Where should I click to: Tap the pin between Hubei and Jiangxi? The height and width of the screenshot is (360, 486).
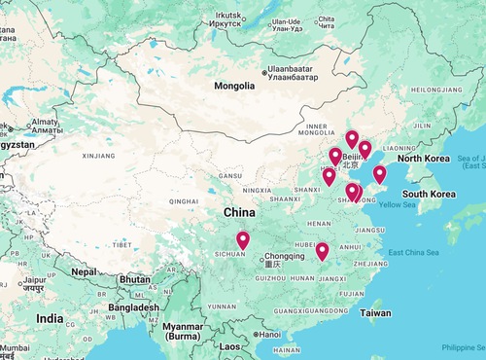(x=323, y=252)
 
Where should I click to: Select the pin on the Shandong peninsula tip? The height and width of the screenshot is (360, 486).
(x=379, y=175)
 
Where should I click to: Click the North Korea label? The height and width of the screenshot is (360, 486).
(x=423, y=159)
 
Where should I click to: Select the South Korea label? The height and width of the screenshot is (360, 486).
(x=430, y=194)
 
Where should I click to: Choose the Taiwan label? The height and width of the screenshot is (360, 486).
(x=375, y=313)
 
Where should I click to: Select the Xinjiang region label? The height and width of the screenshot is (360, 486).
(x=98, y=155)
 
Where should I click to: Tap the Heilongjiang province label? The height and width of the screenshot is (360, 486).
(x=440, y=89)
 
